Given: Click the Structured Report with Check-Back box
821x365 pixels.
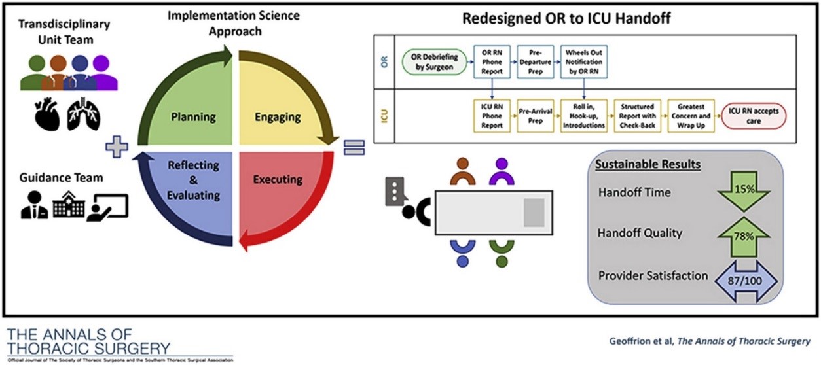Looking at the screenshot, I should pos(636,116).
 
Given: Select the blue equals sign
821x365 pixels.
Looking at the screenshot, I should pos(354,147).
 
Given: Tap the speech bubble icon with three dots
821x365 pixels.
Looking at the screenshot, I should pos(396,190).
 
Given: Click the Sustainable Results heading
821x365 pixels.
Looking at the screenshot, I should pos(648,164).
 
